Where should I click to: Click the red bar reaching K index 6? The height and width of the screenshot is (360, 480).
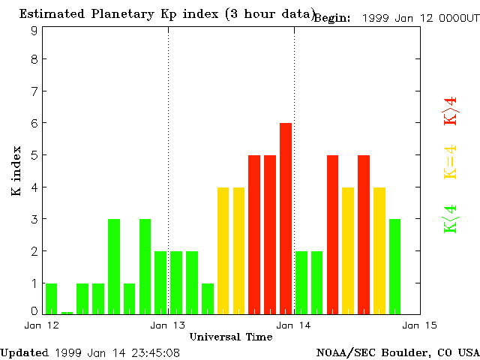click(x=286, y=217)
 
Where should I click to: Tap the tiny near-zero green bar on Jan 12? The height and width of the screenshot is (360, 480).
click(x=67, y=312)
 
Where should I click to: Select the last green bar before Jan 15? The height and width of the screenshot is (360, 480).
click(x=394, y=266)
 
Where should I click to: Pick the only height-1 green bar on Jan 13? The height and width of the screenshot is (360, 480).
click(x=208, y=298)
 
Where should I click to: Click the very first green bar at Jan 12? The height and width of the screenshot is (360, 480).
click(x=51, y=298)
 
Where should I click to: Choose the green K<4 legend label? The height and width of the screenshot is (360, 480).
click(x=450, y=218)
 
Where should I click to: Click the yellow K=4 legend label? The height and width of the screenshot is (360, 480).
click(x=450, y=162)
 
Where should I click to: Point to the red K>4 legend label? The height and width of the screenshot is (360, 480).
click(x=450, y=110)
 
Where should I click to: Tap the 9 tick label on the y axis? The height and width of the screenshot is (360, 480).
click(x=34, y=31)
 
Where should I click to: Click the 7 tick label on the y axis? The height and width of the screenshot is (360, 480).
click(x=34, y=91)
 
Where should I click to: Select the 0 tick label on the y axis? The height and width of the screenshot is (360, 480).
click(x=34, y=310)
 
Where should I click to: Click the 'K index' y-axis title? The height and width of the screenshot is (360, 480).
click(x=16, y=170)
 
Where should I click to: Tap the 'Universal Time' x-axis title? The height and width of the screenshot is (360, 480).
click(x=231, y=337)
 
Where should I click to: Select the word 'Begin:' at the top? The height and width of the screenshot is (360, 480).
click(x=332, y=18)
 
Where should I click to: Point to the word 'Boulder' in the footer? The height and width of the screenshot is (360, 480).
click(x=403, y=352)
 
